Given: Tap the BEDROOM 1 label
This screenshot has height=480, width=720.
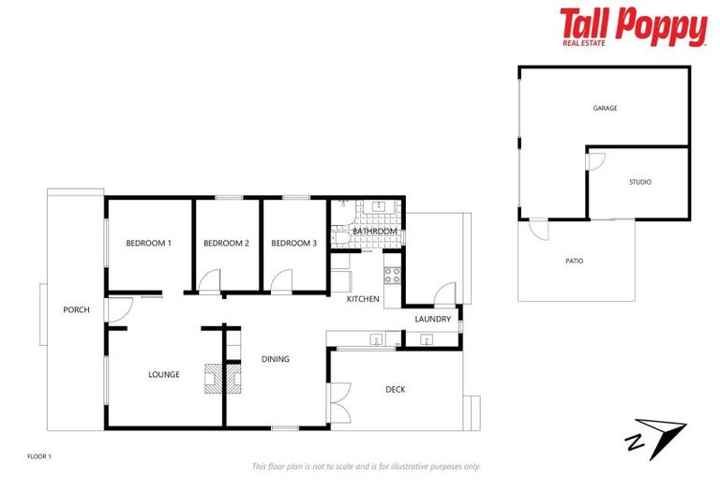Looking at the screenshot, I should tap(149, 243).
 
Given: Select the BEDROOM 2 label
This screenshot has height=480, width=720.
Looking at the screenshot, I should tap(226, 243).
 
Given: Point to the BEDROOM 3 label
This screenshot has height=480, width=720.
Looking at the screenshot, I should tap(294, 243).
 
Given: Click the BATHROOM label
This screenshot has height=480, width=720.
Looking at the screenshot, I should tap(375, 231).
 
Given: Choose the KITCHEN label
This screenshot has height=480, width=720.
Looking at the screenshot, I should tap(363, 299).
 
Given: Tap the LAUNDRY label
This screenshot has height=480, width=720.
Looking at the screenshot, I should tap(433, 319).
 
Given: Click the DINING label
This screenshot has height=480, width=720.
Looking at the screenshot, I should tap(276, 358).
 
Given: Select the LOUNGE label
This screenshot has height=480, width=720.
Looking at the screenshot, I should tap(163, 374).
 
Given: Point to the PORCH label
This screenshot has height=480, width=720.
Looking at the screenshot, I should tap(76, 309).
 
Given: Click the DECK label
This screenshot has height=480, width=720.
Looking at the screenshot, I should tap(396, 389).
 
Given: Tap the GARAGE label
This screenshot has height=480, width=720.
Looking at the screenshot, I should tap(605, 108).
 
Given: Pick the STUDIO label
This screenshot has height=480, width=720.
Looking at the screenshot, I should tap(639, 182).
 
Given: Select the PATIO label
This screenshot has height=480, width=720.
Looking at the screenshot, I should tap(574, 261).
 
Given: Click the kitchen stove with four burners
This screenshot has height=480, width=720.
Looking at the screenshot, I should tap(392, 276).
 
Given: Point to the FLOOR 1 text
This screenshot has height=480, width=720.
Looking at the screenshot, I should tap(39, 456).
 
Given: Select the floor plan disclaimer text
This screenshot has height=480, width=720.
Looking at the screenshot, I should tap(366, 466).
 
